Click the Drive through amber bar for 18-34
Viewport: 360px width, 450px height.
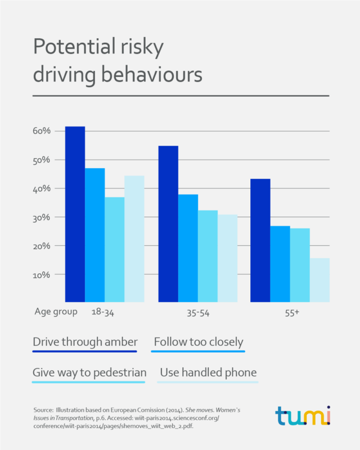point(75,214)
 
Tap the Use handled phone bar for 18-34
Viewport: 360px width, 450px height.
point(134,239)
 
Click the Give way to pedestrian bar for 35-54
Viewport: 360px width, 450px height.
point(208,256)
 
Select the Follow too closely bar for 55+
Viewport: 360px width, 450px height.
point(280,264)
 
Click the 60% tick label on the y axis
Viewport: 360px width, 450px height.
point(42,131)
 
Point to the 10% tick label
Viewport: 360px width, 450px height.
point(42,275)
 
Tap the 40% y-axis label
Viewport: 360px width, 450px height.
point(42,189)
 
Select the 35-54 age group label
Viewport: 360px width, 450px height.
point(197,312)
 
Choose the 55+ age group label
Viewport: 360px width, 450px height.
point(291,312)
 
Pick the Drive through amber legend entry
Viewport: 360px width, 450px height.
point(85,342)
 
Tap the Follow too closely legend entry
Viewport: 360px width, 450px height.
point(198,342)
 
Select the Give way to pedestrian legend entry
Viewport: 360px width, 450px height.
point(89,372)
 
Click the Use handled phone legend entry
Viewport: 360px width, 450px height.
point(208,372)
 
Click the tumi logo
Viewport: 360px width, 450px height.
point(303,416)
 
